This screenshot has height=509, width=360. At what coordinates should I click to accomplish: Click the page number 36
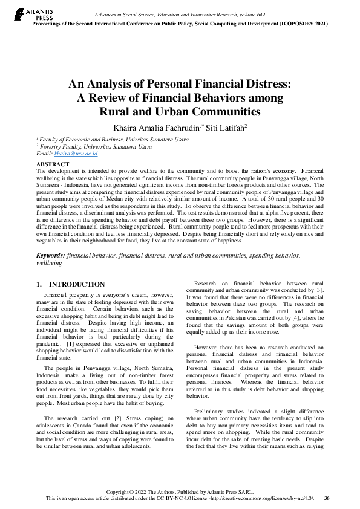327,498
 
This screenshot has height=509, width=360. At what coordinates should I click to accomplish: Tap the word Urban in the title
173,111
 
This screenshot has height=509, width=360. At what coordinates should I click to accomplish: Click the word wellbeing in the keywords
49,264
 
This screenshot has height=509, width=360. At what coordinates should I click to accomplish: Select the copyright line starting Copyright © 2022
180,491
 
